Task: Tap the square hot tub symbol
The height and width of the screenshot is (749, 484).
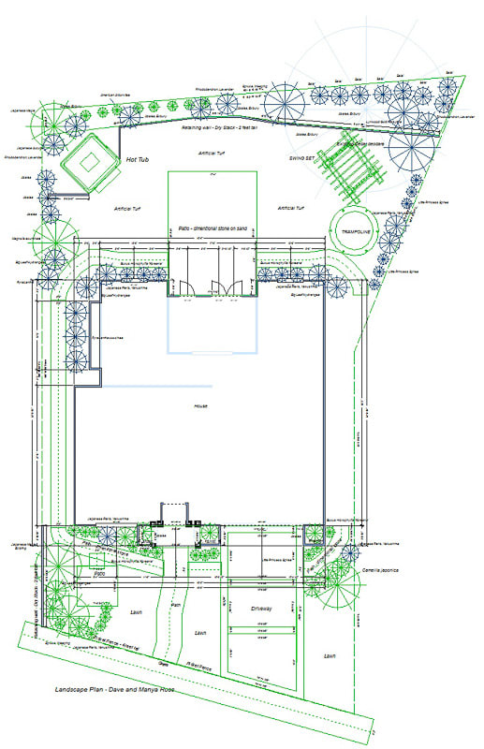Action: pyautogui.click(x=88, y=163)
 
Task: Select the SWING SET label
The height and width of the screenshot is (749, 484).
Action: pyautogui.click(x=305, y=159)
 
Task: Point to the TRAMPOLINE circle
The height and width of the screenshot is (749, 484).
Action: pyautogui.click(x=355, y=228)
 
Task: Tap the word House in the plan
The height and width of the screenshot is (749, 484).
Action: pyautogui.click(x=200, y=405)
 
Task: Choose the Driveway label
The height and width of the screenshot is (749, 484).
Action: pyautogui.click(x=261, y=608)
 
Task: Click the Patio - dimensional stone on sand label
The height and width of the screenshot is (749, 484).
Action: pyautogui.click(x=212, y=228)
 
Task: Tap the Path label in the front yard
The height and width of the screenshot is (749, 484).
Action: pyautogui.click(x=174, y=604)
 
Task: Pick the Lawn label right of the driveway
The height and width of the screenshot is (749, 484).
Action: pyautogui.click(x=329, y=655)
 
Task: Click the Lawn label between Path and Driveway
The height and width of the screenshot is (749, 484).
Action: pyautogui.click(x=200, y=633)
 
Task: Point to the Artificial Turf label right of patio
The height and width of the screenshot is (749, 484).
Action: pyautogui.click(x=293, y=208)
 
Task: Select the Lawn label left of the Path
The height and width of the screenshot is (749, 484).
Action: pyautogui.click(x=137, y=611)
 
